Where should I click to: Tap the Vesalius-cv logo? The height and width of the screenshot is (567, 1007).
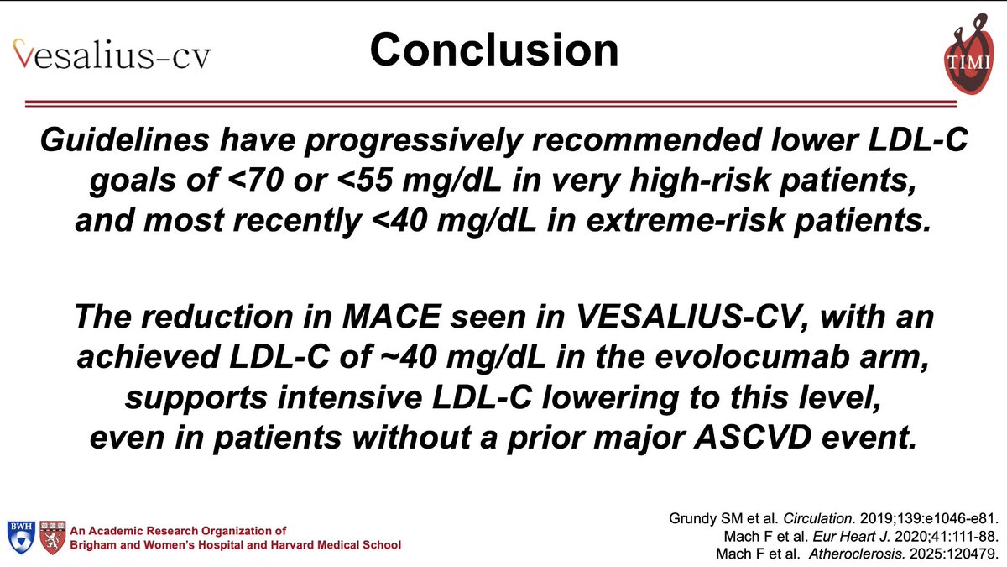[112, 55]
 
